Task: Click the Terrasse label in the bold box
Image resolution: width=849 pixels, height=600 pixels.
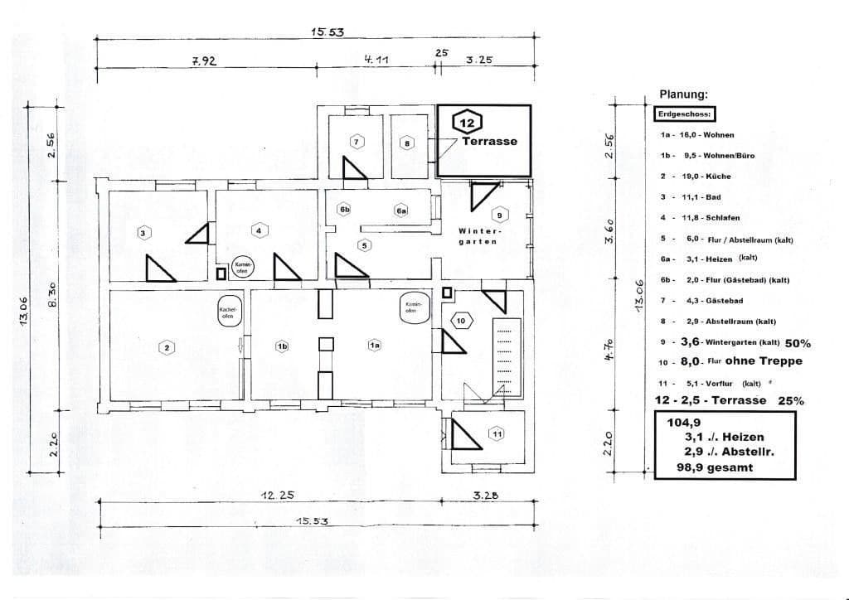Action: (x=489, y=141)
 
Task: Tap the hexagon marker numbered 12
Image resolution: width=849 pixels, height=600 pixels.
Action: (x=465, y=123)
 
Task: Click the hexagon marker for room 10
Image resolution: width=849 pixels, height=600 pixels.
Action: (x=461, y=320)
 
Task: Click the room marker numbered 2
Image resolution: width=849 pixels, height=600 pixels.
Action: (x=167, y=348)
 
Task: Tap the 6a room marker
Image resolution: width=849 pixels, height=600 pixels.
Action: (x=400, y=211)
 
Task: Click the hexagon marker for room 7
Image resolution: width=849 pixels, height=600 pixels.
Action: (x=357, y=143)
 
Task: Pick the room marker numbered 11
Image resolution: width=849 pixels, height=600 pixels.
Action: (x=497, y=433)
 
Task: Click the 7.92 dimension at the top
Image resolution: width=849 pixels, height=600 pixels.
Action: (x=203, y=60)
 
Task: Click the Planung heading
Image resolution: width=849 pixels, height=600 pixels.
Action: (x=683, y=95)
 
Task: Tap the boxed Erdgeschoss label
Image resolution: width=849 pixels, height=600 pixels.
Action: (x=684, y=114)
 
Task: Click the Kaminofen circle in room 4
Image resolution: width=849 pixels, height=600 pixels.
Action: (x=242, y=266)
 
